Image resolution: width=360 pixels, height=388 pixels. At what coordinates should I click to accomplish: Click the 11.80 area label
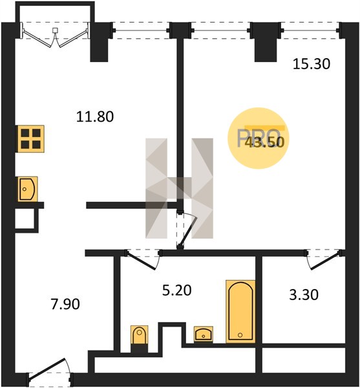pos(95,116)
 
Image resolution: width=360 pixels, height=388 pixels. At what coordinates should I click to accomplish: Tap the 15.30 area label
pos(312,63)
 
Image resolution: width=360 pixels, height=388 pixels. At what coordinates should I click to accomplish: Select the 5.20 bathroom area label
pos(177,290)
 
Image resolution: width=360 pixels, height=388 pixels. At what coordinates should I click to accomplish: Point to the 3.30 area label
pos(304,295)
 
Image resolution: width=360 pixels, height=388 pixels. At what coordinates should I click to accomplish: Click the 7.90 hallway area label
pos(65,304)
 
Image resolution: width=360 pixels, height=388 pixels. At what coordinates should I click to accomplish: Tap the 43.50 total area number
pos(264,142)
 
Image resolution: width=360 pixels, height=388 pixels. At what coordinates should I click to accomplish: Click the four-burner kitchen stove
pos(30,139)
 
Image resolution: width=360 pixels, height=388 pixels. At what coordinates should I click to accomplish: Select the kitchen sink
pos(27,189)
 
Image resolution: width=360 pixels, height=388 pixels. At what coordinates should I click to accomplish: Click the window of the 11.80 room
pos(141,30)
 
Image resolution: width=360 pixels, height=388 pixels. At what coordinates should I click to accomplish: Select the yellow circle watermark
pos(259,138)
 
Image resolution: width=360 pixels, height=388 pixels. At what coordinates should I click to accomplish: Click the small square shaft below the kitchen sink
pos(25,219)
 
